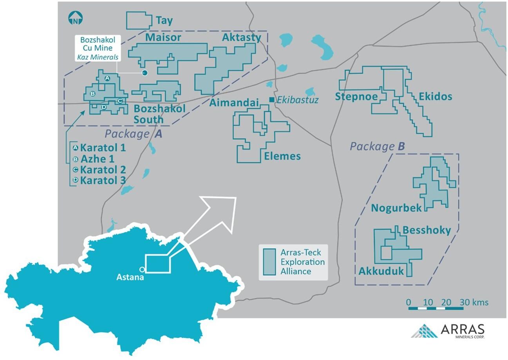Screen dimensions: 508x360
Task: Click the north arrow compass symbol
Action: click(75, 18)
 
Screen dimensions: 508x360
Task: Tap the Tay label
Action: click(164, 21)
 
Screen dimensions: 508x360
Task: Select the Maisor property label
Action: click(163, 38)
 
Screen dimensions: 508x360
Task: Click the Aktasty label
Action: click(242, 38)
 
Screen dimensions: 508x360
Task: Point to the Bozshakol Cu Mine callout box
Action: click(98, 48)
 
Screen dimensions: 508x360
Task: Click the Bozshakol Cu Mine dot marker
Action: click(145, 73)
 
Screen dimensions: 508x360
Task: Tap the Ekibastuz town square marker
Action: click(272, 100)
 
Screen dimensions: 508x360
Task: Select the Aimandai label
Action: click(234, 103)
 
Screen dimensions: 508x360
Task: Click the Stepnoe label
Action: click(356, 97)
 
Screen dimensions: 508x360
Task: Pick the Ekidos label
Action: click(435, 97)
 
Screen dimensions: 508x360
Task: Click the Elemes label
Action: click(282, 156)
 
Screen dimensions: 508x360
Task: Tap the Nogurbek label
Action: click(396, 208)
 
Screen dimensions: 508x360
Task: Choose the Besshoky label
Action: click(427, 230)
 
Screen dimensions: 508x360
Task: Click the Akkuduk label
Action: click(381, 271)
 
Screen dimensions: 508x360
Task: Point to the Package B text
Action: click(377, 146)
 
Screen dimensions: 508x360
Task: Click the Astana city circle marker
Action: click(142, 270)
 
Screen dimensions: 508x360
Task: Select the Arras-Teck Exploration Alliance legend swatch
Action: click(269, 262)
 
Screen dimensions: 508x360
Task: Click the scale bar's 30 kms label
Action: click(474, 302)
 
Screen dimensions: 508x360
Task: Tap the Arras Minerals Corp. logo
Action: click(448, 331)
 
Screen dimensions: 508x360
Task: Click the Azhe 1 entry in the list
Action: click(98, 159)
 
